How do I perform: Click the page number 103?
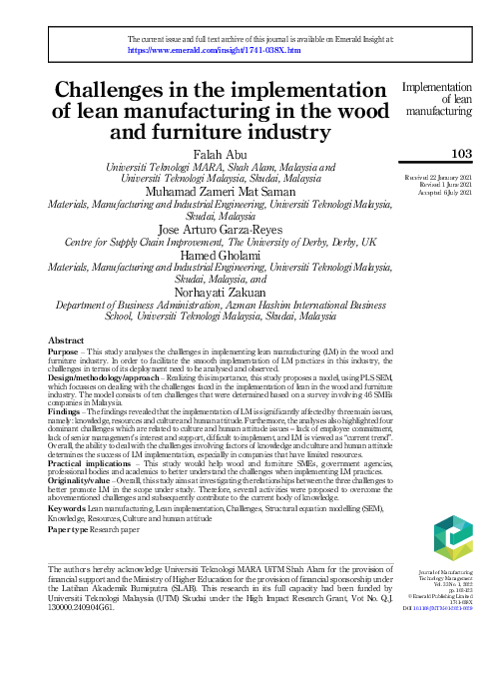pyautogui.click(x=461, y=154)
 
